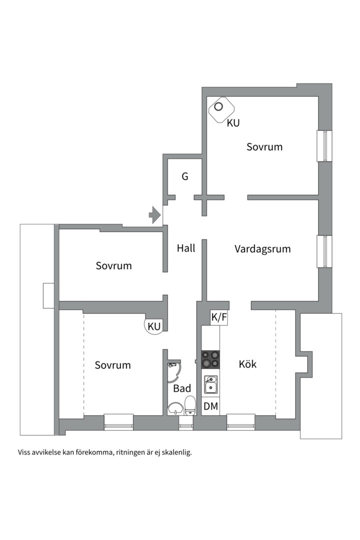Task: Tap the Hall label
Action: click(186, 248)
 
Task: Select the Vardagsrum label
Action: click(262, 249)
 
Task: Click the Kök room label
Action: click(247, 364)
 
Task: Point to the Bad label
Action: click(182, 388)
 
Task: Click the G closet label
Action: click(185, 176)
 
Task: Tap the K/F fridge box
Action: click(219, 317)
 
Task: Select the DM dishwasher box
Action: click(210, 406)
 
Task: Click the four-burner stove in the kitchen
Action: click(210, 359)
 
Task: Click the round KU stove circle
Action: click(154, 326)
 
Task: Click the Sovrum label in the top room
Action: click(264, 147)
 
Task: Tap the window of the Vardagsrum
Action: click(325, 251)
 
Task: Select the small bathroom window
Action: click(186, 426)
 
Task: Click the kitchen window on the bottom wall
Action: click(241, 422)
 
